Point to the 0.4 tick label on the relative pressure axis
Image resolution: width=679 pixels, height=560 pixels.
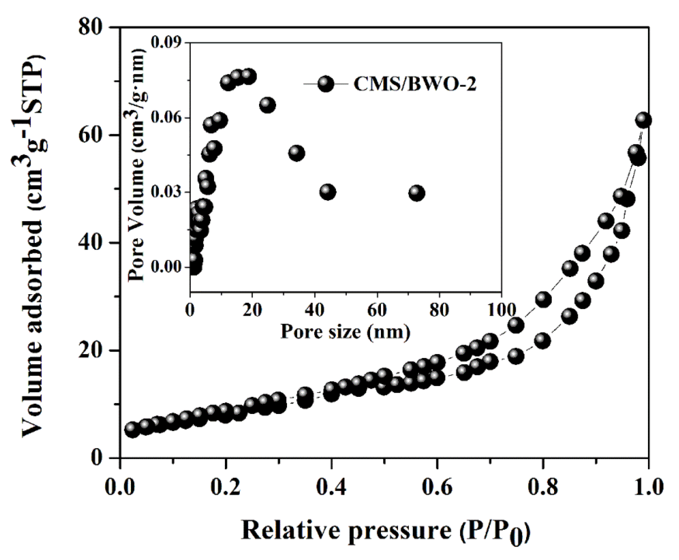(331, 487)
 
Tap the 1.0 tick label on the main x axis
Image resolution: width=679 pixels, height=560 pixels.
(648, 487)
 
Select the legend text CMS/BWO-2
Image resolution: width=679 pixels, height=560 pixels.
(415, 85)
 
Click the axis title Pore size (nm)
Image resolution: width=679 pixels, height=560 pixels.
(345, 331)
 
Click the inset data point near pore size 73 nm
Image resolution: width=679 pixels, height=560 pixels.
(417, 193)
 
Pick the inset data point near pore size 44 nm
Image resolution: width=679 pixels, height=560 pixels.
(328, 192)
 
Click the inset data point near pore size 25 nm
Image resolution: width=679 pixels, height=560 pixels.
(268, 105)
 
